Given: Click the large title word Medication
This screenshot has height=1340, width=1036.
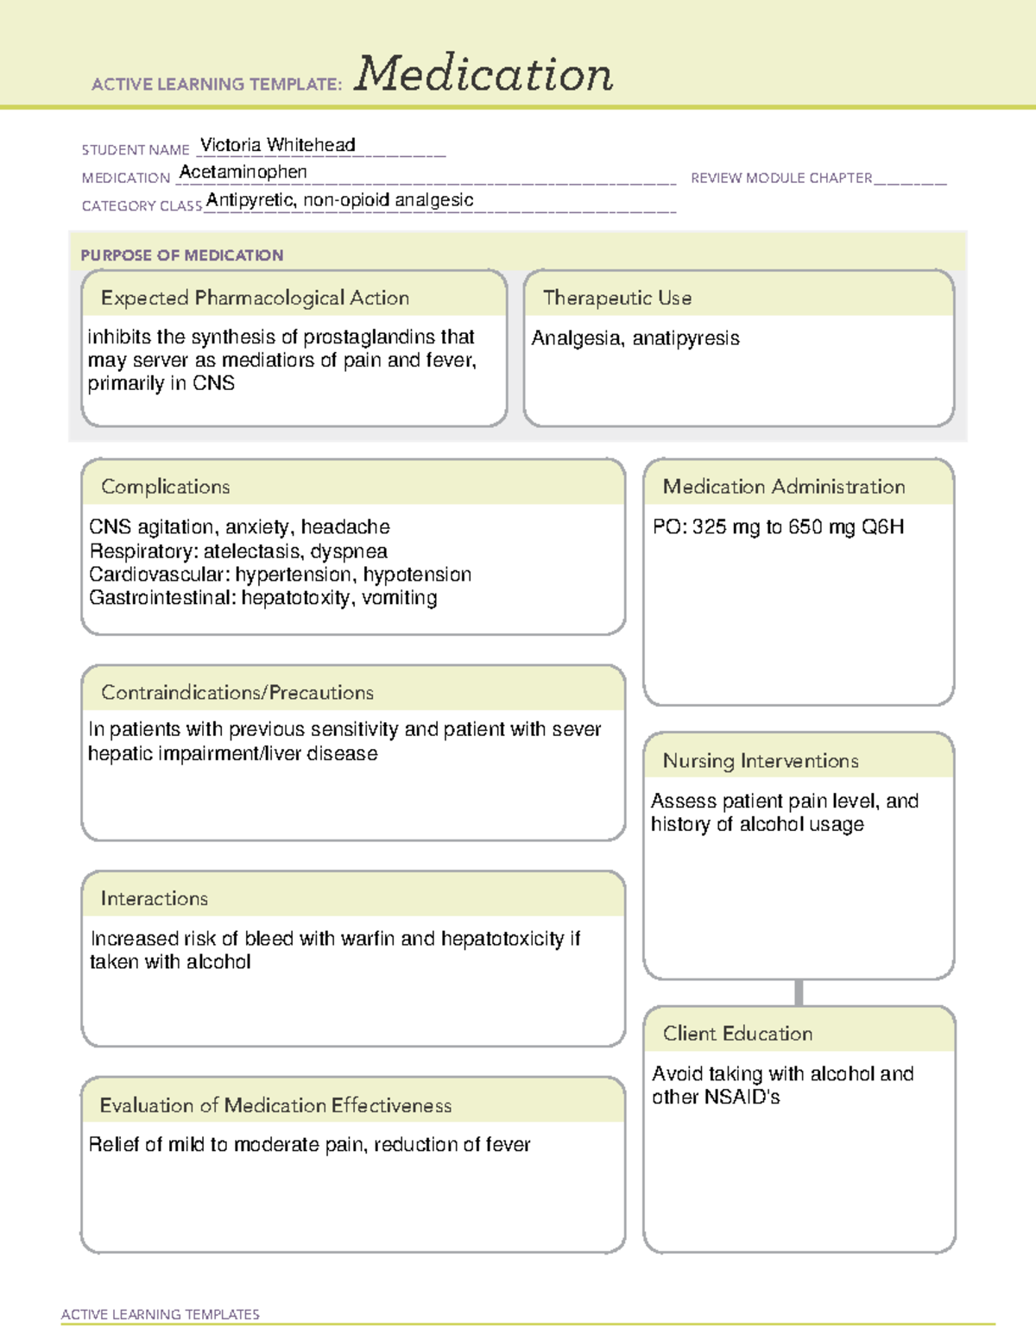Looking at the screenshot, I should (483, 74).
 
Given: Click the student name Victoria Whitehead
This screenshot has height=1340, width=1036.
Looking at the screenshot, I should (277, 145).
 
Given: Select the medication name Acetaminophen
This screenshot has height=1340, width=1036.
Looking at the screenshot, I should (243, 173).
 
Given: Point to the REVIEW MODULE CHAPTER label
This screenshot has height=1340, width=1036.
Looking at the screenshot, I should (781, 178).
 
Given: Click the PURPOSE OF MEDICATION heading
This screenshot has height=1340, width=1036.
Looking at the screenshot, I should (182, 255).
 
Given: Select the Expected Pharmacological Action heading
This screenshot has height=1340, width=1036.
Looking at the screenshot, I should (255, 298).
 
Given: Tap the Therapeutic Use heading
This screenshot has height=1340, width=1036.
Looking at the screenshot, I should (617, 298).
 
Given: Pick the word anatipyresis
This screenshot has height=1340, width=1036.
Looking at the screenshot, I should (685, 338).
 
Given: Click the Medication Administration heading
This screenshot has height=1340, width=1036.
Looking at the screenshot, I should (784, 487).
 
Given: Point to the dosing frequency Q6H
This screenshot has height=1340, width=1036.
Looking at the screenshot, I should (882, 527).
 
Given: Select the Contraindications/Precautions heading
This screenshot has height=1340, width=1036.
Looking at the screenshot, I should (237, 693).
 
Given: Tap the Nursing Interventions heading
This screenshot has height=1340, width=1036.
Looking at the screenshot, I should (761, 761).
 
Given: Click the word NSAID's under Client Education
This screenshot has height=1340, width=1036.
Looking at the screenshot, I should (742, 1098).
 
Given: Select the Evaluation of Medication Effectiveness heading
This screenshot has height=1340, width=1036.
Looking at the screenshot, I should (275, 1105).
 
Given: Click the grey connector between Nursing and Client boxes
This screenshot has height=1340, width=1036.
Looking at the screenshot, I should (799, 992).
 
